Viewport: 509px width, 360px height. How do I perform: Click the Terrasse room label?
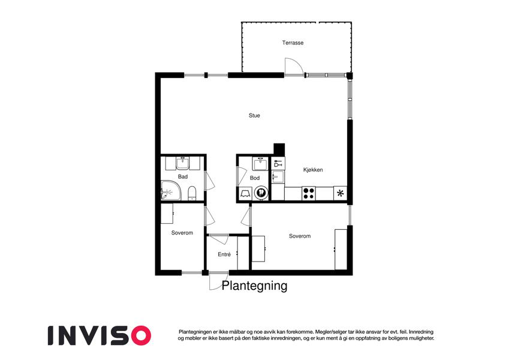coord(293,43)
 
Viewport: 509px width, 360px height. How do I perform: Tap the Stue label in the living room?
coord(254,115)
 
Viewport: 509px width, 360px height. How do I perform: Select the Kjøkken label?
coord(313,170)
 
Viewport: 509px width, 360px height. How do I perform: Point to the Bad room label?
coord(183,177)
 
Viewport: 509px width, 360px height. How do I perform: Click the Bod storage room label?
coord(254,178)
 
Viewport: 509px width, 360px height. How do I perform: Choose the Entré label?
coord(224,254)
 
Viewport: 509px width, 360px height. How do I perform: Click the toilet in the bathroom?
coord(192,193)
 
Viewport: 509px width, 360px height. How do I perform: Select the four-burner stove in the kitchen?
coord(309,194)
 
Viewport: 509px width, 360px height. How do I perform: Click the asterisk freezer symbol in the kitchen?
coord(340,194)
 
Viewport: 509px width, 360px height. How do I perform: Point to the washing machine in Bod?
coord(261,193)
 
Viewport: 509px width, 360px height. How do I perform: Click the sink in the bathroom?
coord(183,163)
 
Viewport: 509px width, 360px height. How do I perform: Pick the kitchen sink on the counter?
coord(278,177)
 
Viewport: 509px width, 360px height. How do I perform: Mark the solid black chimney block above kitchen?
coord(279,149)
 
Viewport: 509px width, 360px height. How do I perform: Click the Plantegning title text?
coord(254,286)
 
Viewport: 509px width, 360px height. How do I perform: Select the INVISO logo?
coord(100,335)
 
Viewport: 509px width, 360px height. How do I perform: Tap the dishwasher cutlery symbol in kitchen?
coord(278,163)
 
